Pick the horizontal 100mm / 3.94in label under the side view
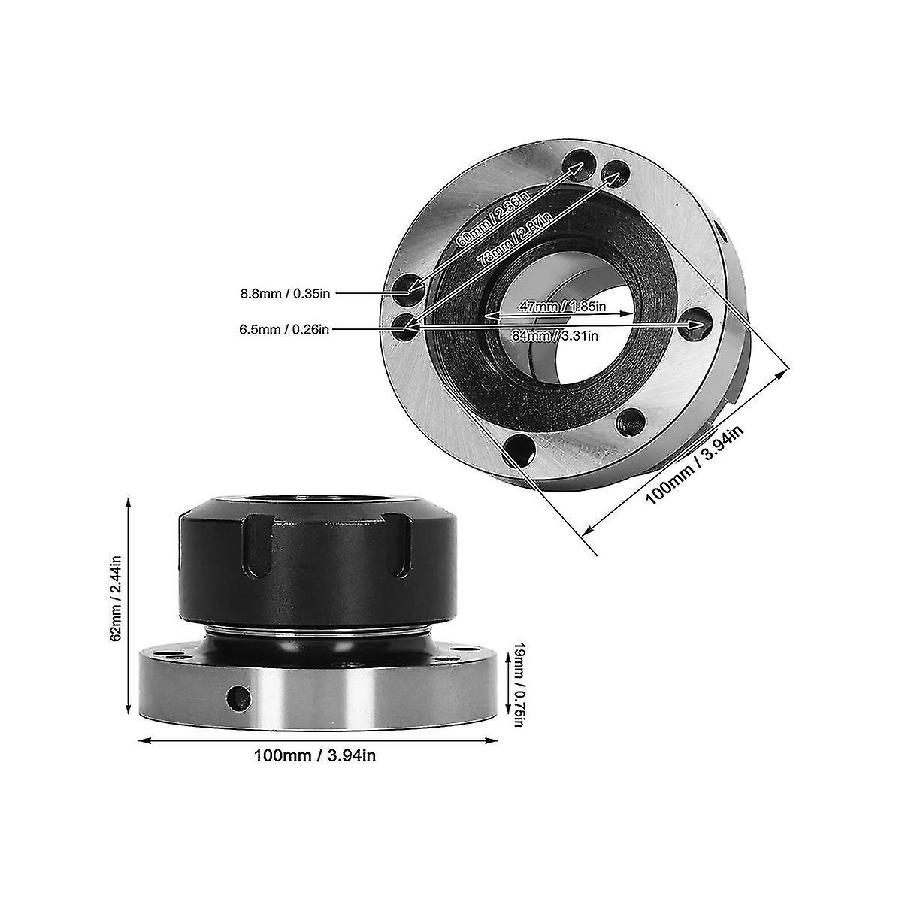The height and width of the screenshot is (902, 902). tap(314, 755)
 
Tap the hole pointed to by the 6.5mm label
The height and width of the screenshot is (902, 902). tap(405, 325)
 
